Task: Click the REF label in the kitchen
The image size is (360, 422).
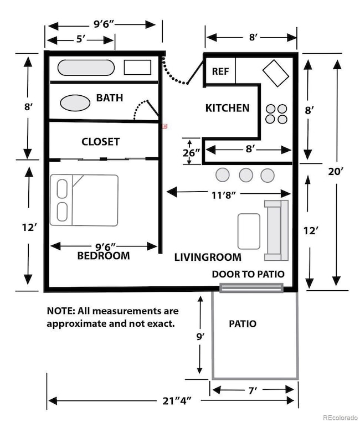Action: (220, 71)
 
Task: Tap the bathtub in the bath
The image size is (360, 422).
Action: (86, 68)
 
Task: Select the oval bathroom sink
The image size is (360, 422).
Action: (75, 103)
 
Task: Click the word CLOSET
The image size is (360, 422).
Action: (100, 142)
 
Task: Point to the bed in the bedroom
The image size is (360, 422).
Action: (84, 200)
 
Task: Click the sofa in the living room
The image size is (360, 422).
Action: (276, 230)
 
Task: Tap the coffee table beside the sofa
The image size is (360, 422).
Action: (249, 231)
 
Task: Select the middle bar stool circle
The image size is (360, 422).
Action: (246, 175)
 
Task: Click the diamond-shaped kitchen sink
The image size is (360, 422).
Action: (275, 73)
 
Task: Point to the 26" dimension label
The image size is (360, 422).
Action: (191, 153)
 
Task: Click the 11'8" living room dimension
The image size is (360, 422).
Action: (224, 194)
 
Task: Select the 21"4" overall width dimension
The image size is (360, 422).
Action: (177, 401)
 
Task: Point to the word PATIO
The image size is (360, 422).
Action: (243, 323)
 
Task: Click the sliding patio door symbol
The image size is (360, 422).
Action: (251, 288)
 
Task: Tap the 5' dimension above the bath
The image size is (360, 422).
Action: (81, 39)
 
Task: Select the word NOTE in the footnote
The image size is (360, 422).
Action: (61, 311)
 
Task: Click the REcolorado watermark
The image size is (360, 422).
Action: (341, 418)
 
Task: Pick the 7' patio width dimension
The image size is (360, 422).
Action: (253, 390)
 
